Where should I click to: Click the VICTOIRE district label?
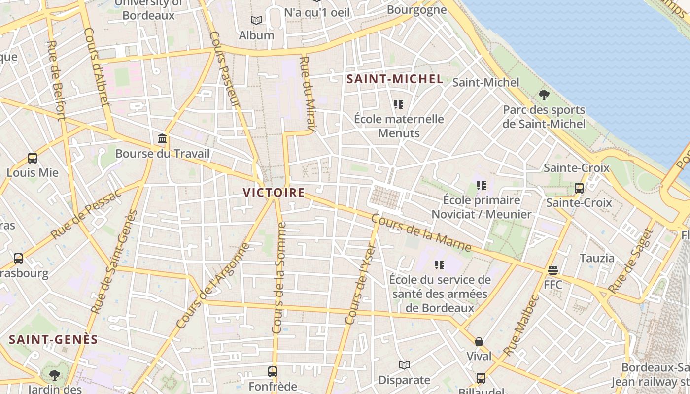274,192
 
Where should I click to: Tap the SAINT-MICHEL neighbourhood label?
394,79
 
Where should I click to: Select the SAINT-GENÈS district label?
53,339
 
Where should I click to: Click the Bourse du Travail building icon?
162,139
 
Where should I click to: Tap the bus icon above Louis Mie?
33,158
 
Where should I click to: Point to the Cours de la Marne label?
421,232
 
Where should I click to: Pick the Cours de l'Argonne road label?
213,286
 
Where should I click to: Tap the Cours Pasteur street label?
224,69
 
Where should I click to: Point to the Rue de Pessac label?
86,214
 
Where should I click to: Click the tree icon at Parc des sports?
544,95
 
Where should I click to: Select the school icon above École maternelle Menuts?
399,104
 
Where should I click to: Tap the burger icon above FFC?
553,270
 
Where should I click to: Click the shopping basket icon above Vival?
479,341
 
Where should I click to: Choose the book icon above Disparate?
404,365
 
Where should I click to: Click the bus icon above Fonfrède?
273,371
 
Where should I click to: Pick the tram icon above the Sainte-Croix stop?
579,188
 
